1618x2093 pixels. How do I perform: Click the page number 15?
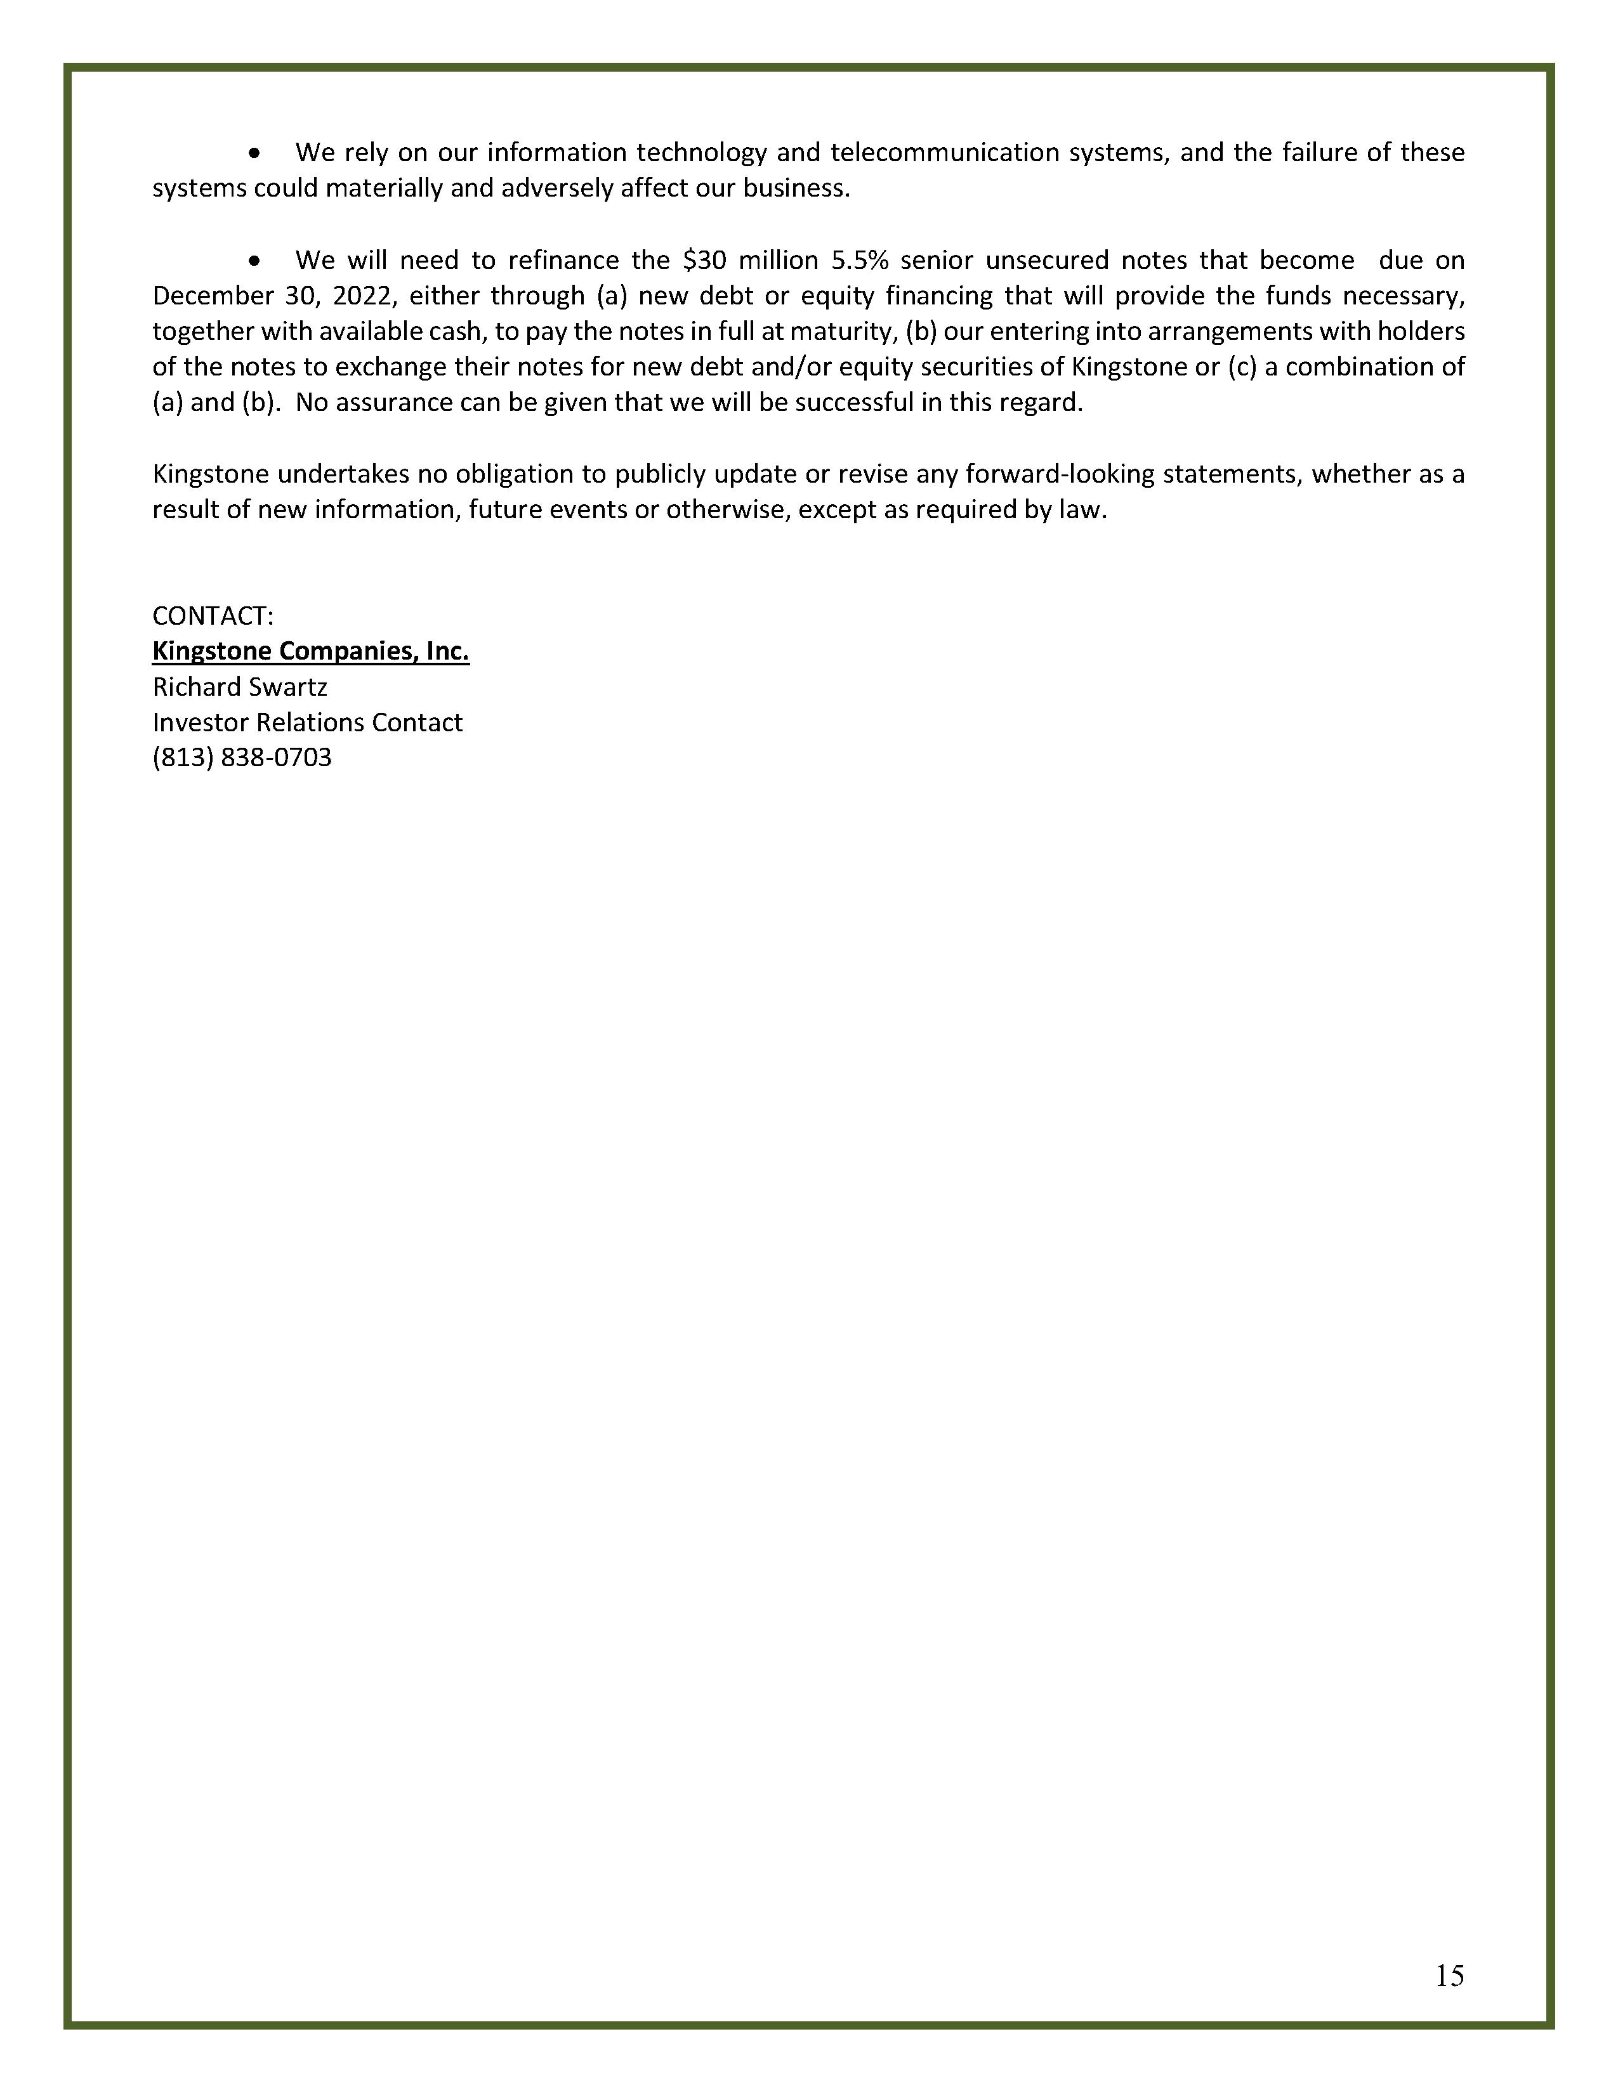[1449, 1975]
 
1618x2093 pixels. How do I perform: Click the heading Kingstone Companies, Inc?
[310, 651]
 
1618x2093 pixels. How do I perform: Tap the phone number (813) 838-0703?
[242, 757]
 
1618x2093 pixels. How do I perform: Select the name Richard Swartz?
[240, 686]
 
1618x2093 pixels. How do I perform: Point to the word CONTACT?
[213, 615]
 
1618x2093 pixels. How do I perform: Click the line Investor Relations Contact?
[306, 722]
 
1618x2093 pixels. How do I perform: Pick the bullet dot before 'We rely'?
[254, 153]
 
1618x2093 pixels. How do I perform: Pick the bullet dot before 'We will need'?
[254, 261]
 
